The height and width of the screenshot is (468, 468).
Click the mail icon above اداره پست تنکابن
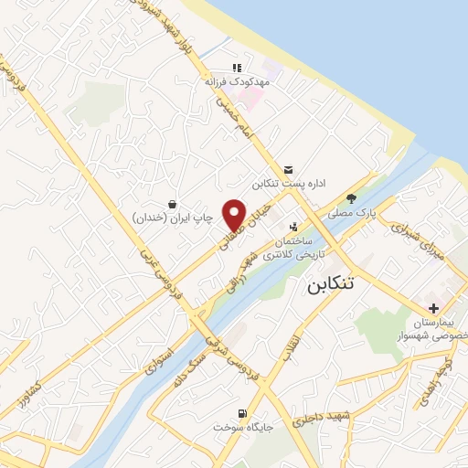click(x=289, y=169)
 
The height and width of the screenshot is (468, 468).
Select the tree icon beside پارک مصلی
click(x=352, y=196)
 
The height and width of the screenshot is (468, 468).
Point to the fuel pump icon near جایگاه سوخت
click(x=241, y=413)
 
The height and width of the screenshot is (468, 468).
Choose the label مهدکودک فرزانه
click(x=236, y=80)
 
